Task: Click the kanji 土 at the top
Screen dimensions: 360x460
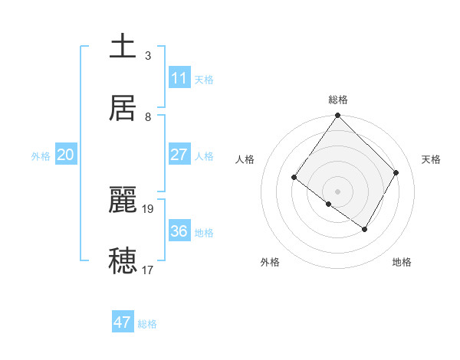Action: [x=123, y=45]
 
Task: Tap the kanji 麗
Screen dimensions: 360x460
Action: [x=123, y=199]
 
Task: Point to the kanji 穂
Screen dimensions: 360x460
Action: [x=123, y=260]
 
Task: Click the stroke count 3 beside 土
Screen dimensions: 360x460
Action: [x=148, y=55]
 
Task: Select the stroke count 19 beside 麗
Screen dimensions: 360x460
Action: [x=149, y=208]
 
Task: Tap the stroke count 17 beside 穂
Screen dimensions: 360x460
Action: [x=149, y=270]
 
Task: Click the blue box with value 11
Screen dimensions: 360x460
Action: [x=179, y=78]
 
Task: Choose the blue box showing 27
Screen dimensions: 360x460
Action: [x=179, y=155]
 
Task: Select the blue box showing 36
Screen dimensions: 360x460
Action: [x=179, y=231]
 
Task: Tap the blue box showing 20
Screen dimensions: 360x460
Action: [x=66, y=155]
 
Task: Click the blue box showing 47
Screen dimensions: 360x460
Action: [x=123, y=322]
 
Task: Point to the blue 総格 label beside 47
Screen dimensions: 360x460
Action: [x=147, y=324]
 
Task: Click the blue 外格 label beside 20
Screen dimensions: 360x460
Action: [x=41, y=156]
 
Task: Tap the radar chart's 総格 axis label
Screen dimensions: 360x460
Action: [x=337, y=100]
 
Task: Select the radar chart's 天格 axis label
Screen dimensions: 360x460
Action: [x=432, y=159]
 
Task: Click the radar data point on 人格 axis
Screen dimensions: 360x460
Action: [x=294, y=178]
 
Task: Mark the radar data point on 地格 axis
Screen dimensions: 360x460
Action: [x=365, y=229]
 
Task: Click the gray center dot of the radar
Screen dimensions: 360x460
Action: [x=337, y=191]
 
